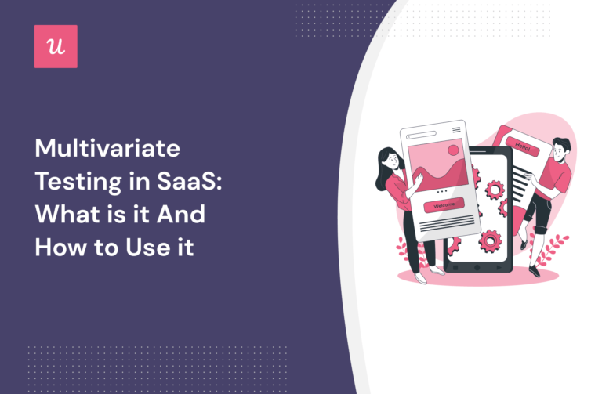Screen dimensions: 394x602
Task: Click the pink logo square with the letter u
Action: pos(56,46)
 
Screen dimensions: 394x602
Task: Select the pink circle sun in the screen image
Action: pos(452,150)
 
